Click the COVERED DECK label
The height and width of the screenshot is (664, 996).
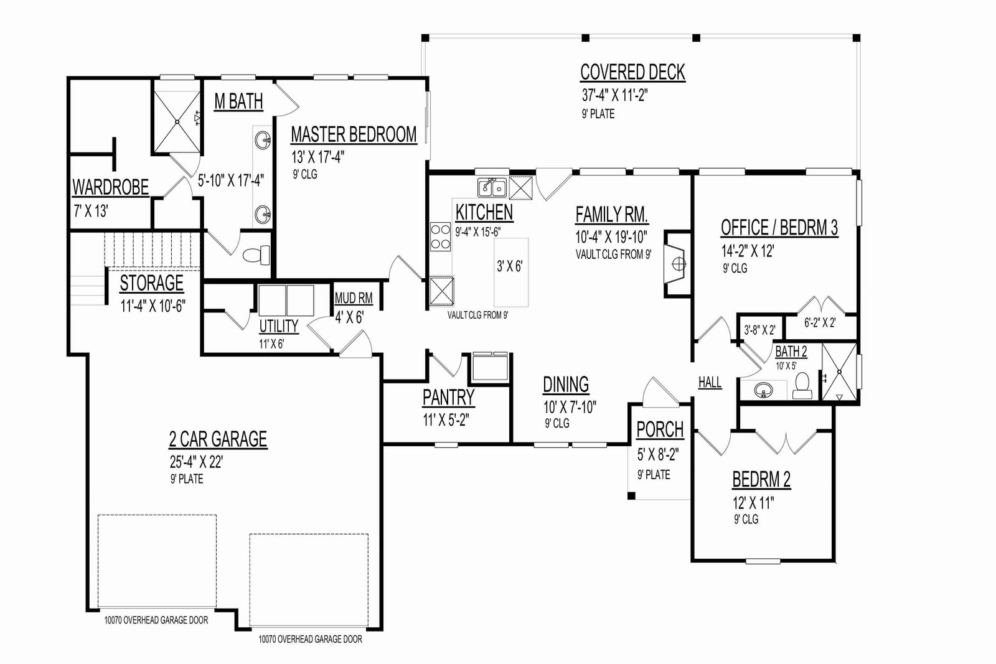tap(632, 72)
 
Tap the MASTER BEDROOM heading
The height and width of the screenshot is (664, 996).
tap(354, 134)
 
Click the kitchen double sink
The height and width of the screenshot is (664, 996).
tap(492, 187)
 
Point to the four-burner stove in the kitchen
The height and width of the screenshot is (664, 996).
tap(441, 236)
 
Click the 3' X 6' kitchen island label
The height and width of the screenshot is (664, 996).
tap(510, 266)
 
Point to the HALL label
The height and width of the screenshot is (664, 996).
tap(710, 382)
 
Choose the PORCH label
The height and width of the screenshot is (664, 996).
tap(660, 430)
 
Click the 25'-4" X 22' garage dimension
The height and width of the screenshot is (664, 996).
tap(196, 462)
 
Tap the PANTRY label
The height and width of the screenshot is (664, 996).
tap(448, 398)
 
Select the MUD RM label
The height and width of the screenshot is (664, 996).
tap(354, 298)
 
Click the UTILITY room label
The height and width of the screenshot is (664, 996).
tap(279, 326)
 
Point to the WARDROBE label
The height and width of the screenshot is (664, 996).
tap(110, 187)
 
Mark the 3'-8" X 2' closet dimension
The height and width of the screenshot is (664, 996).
tap(759, 330)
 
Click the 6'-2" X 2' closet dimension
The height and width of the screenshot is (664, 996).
tap(820, 323)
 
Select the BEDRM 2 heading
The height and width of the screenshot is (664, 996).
tap(761, 480)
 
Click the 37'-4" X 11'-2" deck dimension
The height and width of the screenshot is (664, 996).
tap(614, 96)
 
